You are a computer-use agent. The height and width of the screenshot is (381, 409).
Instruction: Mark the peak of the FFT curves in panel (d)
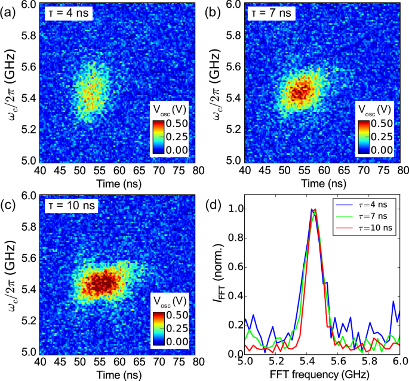tap(313, 209)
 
